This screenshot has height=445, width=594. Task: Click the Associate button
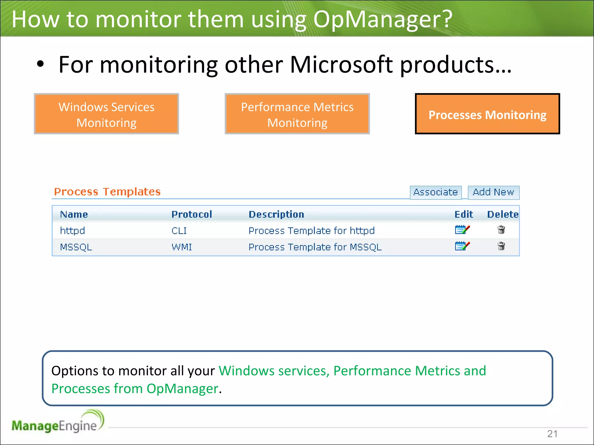[x=435, y=192]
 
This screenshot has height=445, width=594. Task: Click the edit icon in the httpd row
[x=462, y=230]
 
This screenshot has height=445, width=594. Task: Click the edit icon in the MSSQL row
[x=462, y=246]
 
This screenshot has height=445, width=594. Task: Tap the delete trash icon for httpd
[x=501, y=230]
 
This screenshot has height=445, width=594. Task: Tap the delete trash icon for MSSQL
[x=501, y=246]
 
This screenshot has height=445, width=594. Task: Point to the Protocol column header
[x=192, y=214]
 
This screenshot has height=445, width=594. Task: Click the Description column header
[x=276, y=214]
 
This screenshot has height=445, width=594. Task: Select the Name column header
[x=74, y=214]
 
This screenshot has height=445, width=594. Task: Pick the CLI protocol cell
[x=179, y=231]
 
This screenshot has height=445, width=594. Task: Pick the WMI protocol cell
[x=182, y=247]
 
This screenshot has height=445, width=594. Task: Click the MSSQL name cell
[x=76, y=247]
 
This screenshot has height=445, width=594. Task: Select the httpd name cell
[x=72, y=231]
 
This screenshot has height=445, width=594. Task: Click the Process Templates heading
[x=107, y=192]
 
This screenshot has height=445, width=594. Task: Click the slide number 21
[x=552, y=434]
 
